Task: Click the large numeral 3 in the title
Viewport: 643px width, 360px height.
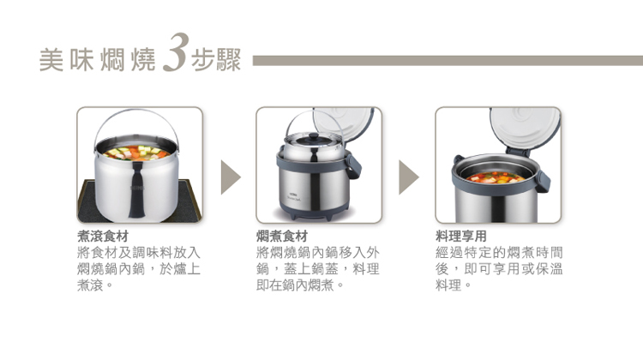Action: point(177,52)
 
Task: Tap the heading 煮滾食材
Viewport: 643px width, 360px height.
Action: point(103,237)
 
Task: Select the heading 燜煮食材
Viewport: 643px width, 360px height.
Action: point(282,237)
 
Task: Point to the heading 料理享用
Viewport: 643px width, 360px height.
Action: point(461,237)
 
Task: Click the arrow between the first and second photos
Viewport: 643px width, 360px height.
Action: point(230,177)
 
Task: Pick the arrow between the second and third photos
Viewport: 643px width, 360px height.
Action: point(408,177)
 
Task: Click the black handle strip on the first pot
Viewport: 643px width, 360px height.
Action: point(136,189)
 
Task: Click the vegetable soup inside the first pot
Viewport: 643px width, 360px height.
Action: point(136,153)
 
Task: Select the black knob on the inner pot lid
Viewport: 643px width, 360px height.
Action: point(314,137)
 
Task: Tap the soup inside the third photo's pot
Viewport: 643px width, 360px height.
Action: point(496,177)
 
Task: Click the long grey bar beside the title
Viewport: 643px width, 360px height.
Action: point(448,61)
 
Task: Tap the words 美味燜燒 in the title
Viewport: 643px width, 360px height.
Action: point(98,60)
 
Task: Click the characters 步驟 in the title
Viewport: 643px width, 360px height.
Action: point(216,60)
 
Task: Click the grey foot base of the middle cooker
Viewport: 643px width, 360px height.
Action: point(314,212)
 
